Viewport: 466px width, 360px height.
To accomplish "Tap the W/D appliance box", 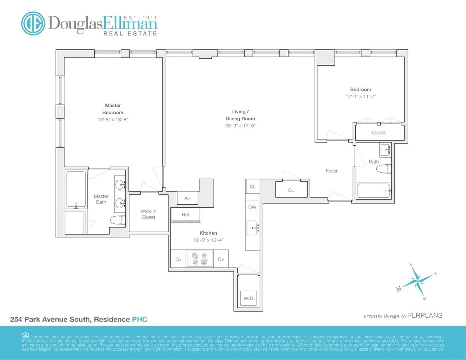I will pyautogui.click(x=248, y=299).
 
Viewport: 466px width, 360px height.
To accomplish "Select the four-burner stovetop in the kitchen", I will pyautogui.click(x=200, y=259).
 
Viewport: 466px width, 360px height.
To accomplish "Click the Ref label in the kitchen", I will pyautogui.click(x=185, y=215).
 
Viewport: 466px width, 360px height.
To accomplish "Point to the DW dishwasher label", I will pyautogui.click(x=252, y=207).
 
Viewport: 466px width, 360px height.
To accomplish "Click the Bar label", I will pyautogui.click(x=188, y=199).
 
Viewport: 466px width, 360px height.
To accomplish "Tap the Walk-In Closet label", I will pyautogui.click(x=148, y=214).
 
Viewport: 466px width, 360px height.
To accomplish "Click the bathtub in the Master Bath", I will pyautogui.click(x=76, y=189).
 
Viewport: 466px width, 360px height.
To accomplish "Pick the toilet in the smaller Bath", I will pyautogui.click(x=385, y=169).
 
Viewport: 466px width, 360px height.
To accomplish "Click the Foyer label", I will pyautogui.click(x=331, y=171).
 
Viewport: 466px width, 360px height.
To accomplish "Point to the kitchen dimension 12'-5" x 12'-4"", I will pyautogui.click(x=208, y=240).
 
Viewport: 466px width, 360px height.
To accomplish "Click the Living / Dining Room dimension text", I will pyautogui.click(x=241, y=126).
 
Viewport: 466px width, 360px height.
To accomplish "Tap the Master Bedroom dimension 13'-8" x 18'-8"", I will pyautogui.click(x=113, y=120).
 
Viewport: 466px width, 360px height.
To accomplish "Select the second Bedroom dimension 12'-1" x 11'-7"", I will pyautogui.click(x=360, y=96).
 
